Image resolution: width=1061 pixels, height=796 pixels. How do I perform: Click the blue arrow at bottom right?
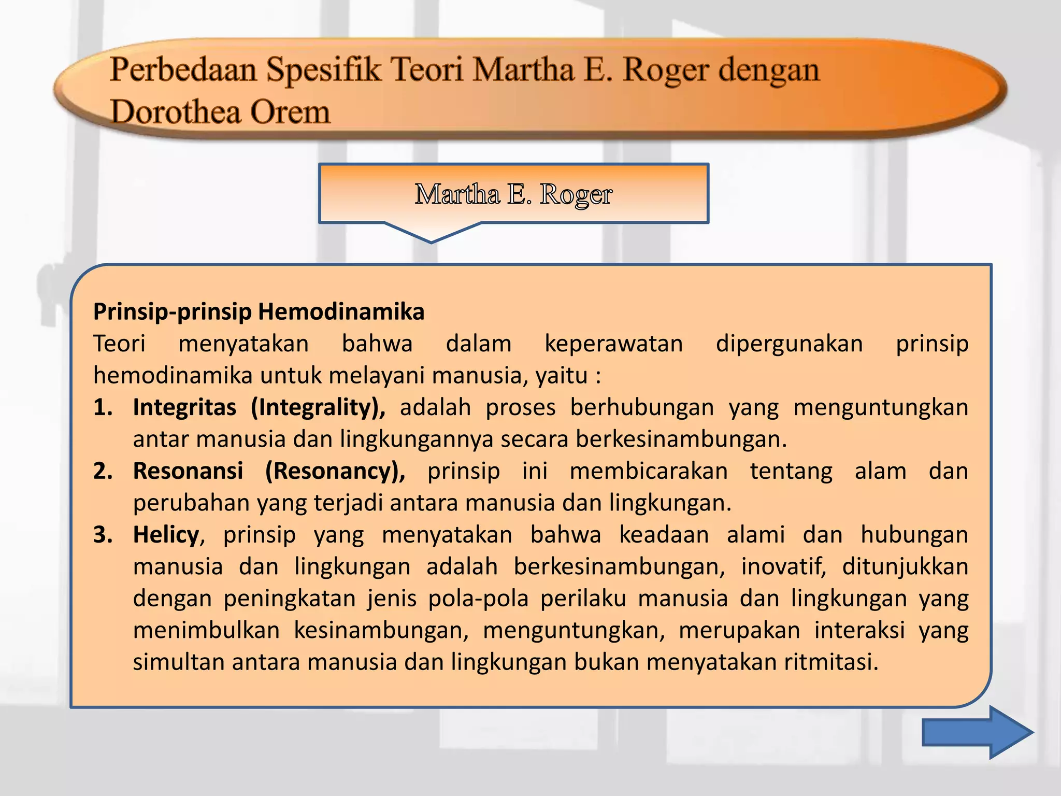click(x=977, y=732)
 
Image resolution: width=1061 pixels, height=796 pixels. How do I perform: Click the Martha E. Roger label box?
click(x=513, y=194)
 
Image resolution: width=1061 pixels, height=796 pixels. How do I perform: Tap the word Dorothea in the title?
click(x=176, y=112)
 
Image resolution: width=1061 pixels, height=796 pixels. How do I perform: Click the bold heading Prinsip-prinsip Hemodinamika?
click(x=259, y=312)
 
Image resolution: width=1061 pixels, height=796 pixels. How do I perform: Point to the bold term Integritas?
click(x=184, y=407)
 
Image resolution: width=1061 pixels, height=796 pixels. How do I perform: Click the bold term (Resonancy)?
click(x=335, y=471)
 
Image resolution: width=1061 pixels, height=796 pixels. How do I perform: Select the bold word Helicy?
click(x=166, y=535)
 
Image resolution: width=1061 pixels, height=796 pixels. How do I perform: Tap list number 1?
click(x=103, y=407)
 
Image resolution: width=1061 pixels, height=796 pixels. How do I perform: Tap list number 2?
click(x=103, y=471)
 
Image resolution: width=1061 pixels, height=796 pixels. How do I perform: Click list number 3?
click(x=103, y=535)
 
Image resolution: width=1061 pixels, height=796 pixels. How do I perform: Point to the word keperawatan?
click(x=613, y=344)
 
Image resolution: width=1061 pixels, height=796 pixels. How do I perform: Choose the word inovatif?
click(x=783, y=566)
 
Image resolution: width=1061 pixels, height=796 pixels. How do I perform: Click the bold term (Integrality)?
click(x=318, y=407)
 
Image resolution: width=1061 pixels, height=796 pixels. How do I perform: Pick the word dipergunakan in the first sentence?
click(x=789, y=344)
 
